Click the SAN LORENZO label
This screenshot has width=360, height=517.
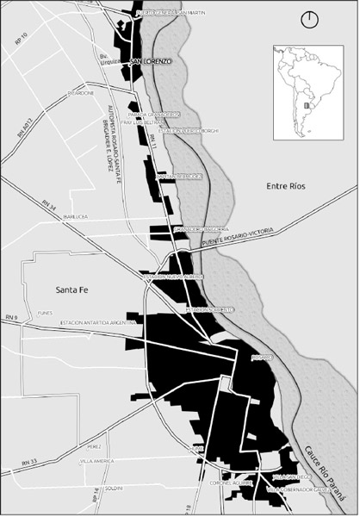point(152,62)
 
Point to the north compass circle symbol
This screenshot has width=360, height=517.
point(308,19)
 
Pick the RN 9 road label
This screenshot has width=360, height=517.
point(10,319)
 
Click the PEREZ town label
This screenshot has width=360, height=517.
point(95,447)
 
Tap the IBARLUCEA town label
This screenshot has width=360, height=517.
point(77,218)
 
